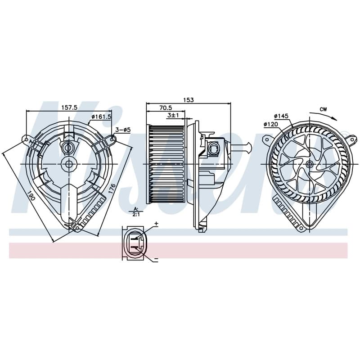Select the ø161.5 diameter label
[x=101, y=117]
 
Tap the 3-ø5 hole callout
[x=123, y=130]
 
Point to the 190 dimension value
[x=31, y=195]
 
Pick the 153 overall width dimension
[x=188, y=100]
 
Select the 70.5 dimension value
[x=166, y=108]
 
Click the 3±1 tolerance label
[x=173, y=115]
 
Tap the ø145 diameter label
[x=281, y=116]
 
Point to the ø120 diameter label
[x=271, y=124]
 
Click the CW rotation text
[x=323, y=109]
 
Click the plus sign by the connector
[x=156, y=223]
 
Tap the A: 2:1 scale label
[x=136, y=211]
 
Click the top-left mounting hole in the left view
[x=27, y=139]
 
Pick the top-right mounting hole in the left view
[x=112, y=139]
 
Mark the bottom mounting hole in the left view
[x=77, y=228]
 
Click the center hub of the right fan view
[x=310, y=164]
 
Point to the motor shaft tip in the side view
[x=249, y=148]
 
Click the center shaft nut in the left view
[x=69, y=164]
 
